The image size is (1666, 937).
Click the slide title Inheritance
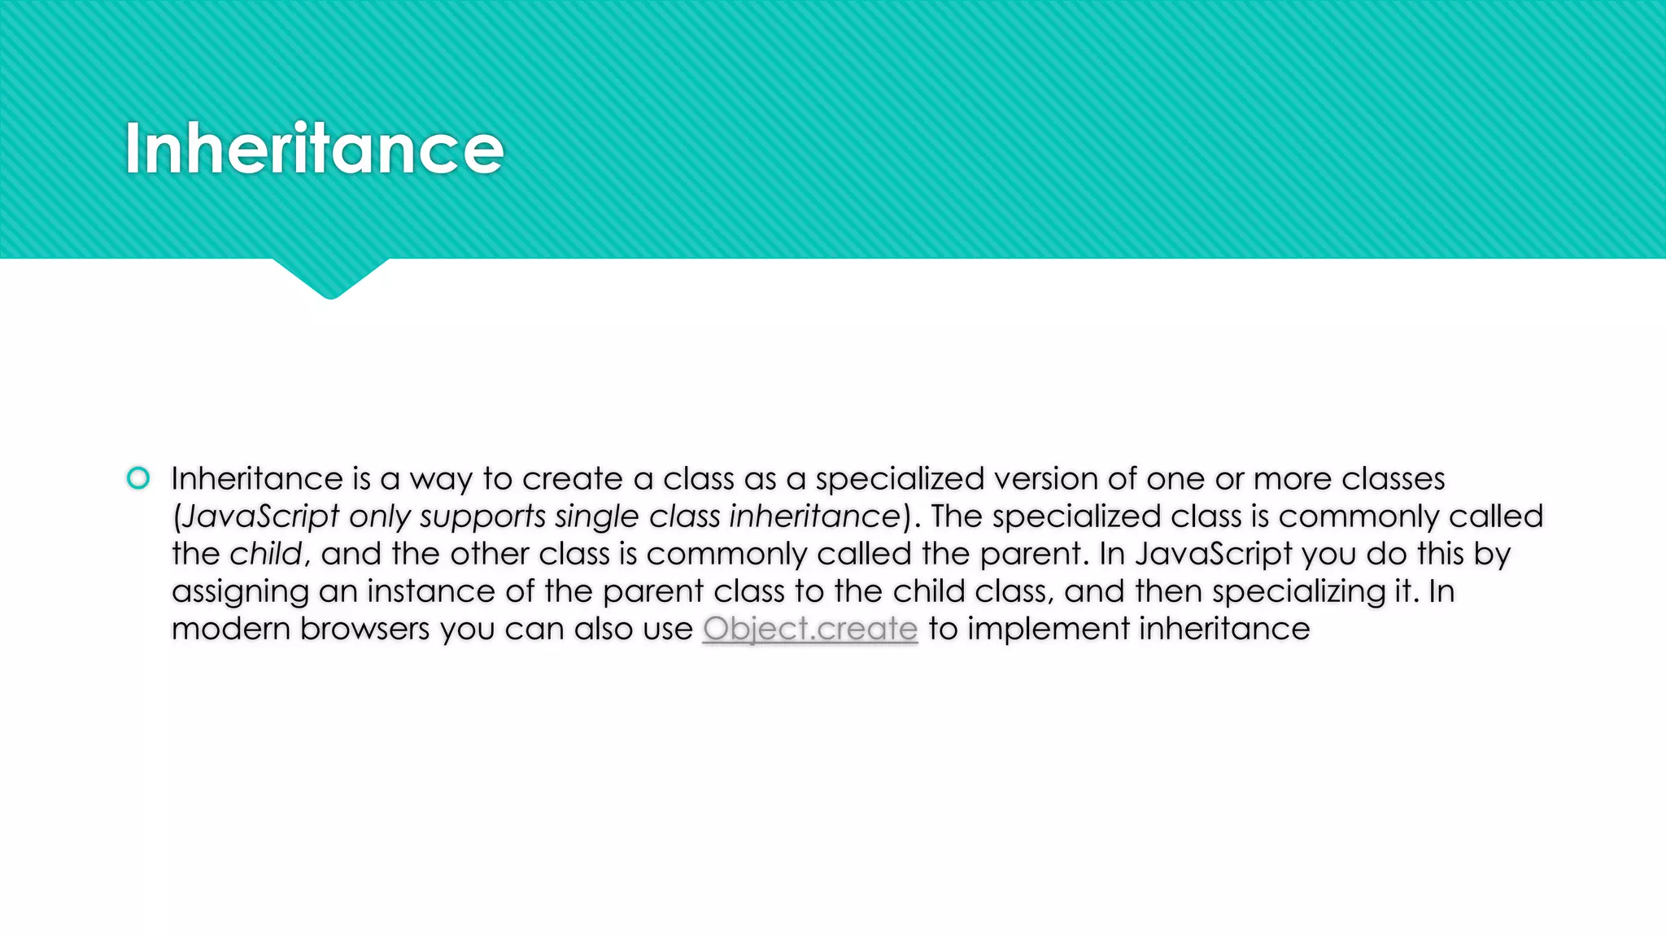314,149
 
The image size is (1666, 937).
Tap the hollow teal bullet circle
138,478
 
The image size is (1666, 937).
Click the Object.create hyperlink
810,629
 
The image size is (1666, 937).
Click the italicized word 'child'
265,554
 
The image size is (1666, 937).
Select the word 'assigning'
240,592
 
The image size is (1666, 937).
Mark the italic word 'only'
380,517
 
